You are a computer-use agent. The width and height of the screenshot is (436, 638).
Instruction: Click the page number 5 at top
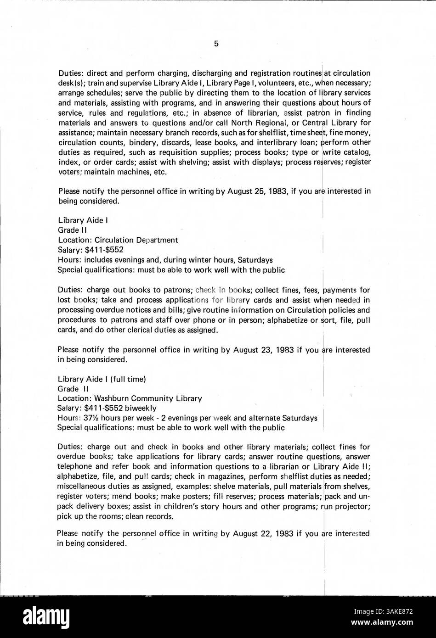pyautogui.click(x=216, y=44)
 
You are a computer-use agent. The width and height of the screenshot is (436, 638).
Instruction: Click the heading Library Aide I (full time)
pyautogui.click(x=102, y=379)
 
